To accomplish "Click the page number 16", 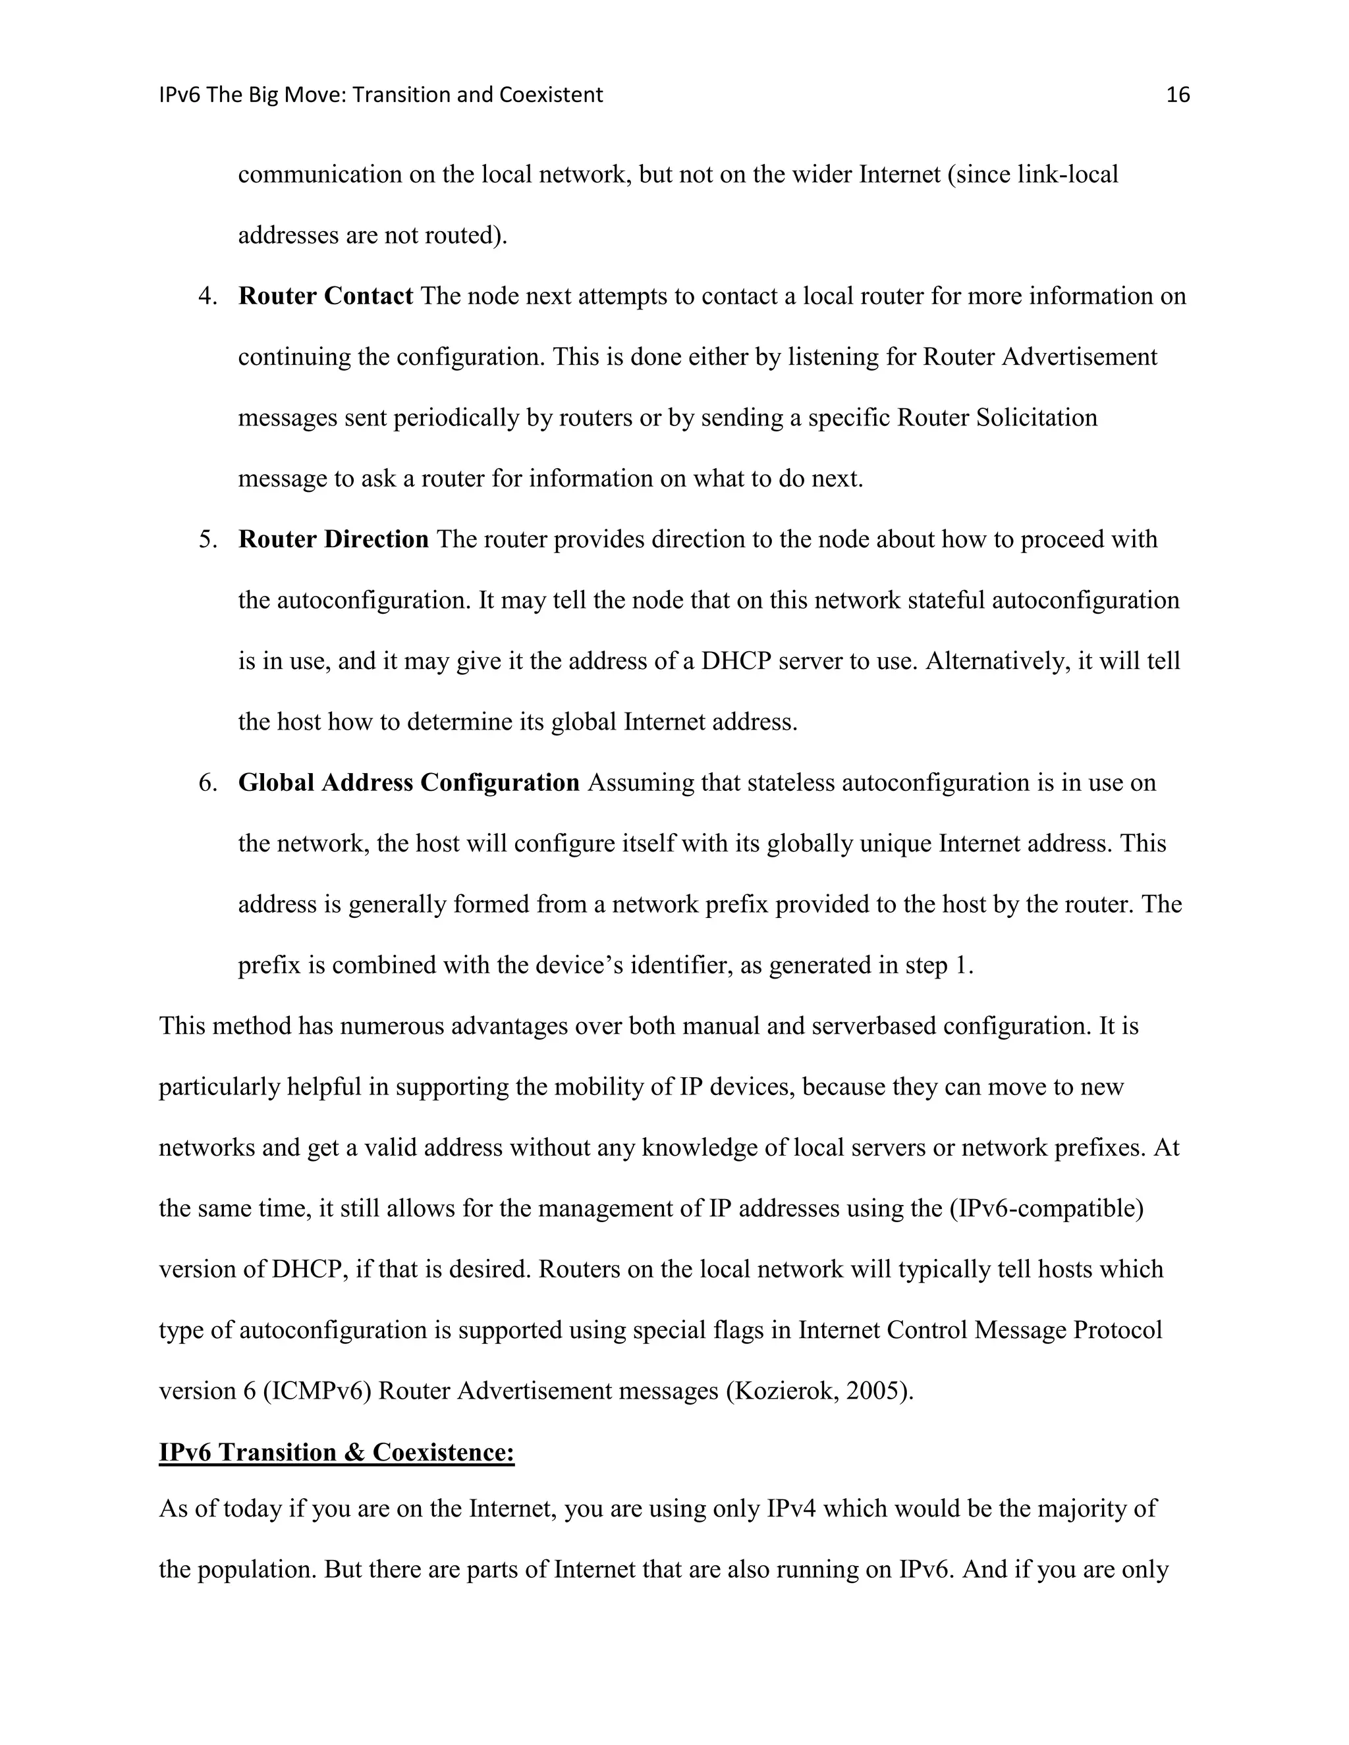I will click(x=1177, y=95).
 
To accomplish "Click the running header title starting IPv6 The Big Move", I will click(x=381, y=95).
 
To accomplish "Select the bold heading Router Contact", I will click(x=325, y=296).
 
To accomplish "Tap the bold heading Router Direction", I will click(x=333, y=539).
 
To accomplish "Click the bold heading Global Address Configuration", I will click(x=408, y=782).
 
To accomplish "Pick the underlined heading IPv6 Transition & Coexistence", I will click(x=337, y=1452).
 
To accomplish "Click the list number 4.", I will click(x=207, y=296).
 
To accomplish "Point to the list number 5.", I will click(x=207, y=539).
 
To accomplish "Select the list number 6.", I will click(x=207, y=782).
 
